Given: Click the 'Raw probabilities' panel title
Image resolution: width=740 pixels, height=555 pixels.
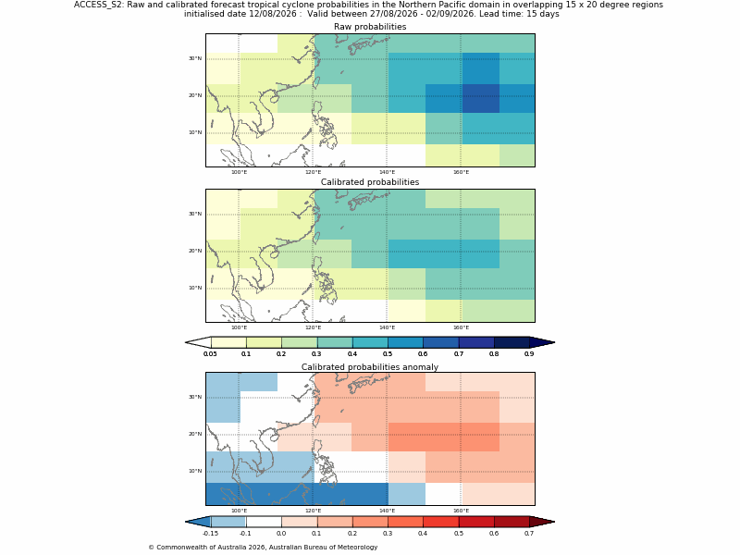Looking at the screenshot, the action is click(370, 27).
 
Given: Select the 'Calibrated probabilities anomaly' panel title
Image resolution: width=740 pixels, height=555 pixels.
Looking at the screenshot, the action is click(370, 367).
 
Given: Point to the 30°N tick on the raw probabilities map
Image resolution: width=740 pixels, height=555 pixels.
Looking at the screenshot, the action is click(195, 58).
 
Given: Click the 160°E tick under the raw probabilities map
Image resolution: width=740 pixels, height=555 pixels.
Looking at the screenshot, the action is click(461, 172).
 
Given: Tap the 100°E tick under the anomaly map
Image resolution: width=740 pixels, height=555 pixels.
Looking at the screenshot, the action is click(239, 511).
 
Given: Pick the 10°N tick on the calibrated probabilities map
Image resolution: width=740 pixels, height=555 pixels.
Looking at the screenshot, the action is click(195, 288).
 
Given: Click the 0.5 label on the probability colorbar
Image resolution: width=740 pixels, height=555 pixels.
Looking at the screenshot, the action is click(388, 354).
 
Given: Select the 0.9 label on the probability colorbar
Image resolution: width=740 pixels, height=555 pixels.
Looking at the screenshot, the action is click(529, 354).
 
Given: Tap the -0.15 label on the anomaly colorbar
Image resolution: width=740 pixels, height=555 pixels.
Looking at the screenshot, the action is click(210, 534).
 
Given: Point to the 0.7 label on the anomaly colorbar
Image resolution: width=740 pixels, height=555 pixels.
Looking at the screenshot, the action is click(529, 534).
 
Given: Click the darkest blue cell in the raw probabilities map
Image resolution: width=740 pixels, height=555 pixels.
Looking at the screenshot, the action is click(480, 99).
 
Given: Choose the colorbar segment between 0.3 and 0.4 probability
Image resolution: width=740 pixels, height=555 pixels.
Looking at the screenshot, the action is click(335, 342).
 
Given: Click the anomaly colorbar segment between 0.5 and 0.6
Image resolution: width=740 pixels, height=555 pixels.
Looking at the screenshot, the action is click(476, 522).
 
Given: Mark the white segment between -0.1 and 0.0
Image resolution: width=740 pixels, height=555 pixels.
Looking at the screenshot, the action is click(264, 522).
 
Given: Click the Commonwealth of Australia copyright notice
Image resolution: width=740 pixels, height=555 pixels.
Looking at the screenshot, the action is click(263, 548).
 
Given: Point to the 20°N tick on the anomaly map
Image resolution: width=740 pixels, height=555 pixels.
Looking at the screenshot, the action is click(195, 434).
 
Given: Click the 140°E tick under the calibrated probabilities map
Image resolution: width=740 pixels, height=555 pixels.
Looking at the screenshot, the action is click(387, 327).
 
